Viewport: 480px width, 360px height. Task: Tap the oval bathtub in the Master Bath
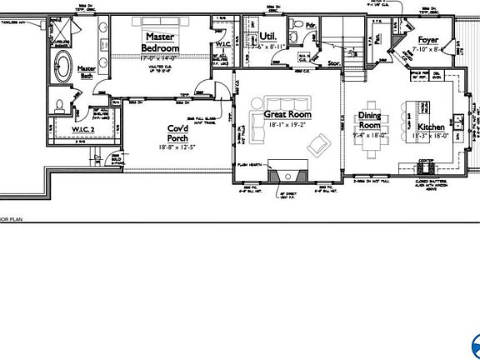point(62,67)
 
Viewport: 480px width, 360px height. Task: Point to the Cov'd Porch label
point(177,132)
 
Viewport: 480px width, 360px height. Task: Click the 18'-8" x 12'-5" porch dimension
point(177,147)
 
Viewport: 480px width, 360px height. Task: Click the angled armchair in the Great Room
point(318,146)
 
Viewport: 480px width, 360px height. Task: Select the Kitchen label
point(425,127)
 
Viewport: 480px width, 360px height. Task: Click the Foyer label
point(427,39)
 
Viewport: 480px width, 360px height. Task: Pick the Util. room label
point(267,37)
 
